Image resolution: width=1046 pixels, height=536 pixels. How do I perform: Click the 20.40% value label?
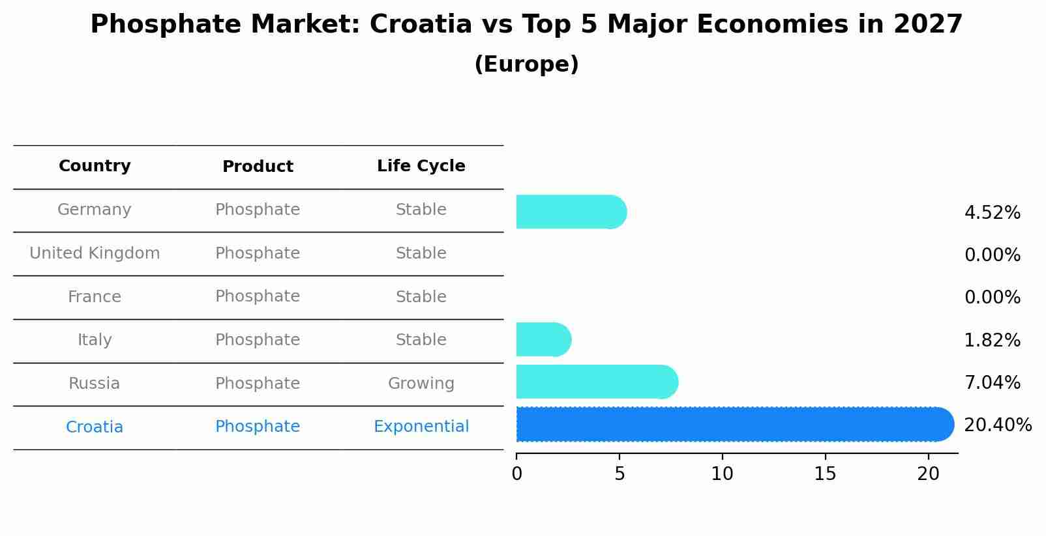998,425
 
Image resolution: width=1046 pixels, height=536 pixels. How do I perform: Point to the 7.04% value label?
992,383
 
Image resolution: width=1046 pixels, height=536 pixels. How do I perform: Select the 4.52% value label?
992,213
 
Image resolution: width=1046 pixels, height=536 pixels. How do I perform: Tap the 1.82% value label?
992,341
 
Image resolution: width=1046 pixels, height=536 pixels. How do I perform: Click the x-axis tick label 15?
825,474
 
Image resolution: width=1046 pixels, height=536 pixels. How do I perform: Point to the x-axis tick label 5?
620,474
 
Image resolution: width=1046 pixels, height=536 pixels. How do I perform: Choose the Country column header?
95,166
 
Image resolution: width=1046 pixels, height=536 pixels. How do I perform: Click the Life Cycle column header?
421,166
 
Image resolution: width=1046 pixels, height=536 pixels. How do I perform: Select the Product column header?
258,167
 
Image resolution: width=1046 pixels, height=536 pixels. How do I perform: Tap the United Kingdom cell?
95,253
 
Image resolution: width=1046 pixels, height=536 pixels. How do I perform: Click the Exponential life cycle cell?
421,427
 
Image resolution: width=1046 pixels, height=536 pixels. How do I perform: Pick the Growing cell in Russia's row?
421,384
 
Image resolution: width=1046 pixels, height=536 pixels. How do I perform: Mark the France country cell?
95,297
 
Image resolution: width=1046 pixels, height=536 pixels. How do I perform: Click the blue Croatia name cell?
95,427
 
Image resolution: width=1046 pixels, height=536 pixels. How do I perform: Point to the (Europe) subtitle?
526,64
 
